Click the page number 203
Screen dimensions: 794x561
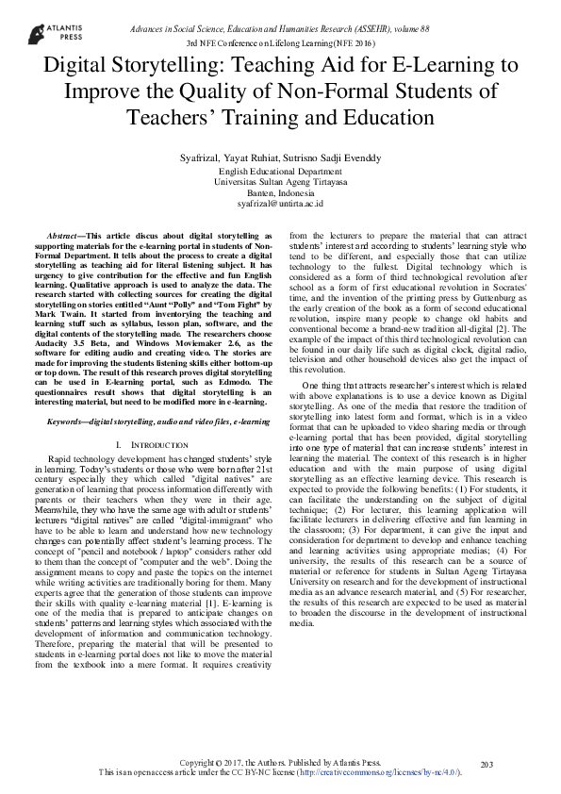click(487, 764)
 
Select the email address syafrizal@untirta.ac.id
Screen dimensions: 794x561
click(280, 203)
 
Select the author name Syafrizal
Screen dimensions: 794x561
click(195, 157)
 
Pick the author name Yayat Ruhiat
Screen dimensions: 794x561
click(249, 157)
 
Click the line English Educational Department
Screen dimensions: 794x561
click(280, 172)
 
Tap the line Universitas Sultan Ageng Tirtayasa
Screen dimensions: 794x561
click(280, 182)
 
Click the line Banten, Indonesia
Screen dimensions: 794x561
click(280, 192)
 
